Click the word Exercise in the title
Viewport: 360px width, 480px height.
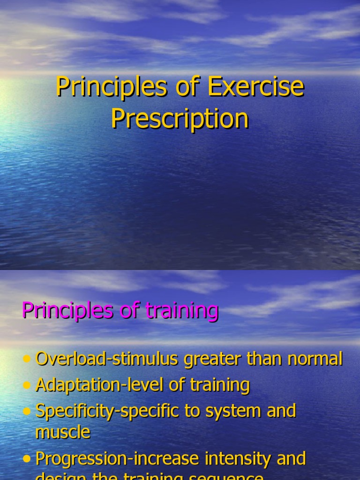coord(256,87)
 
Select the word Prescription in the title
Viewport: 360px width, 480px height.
coord(180,119)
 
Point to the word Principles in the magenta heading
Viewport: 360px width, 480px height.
coord(67,311)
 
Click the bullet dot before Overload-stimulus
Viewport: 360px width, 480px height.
coord(27,360)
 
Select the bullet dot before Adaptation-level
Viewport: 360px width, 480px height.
coord(27,385)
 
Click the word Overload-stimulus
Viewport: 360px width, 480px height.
coord(107,360)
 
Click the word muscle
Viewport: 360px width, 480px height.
coord(63,432)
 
